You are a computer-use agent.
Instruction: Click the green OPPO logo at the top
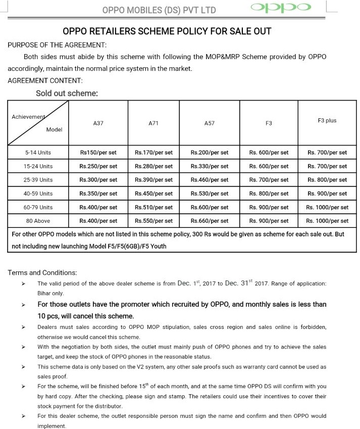point(280,8)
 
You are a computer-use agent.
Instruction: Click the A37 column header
point(98,123)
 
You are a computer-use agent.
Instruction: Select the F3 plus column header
point(327,121)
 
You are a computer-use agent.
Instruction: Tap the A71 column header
point(153,123)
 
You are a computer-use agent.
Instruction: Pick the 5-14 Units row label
point(38,152)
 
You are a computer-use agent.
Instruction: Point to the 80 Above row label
point(38,221)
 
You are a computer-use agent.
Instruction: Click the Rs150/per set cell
point(98,152)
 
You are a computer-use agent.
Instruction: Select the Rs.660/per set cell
point(209,221)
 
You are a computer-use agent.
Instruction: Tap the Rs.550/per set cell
point(153,221)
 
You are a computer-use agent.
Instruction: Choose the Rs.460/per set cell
point(209,180)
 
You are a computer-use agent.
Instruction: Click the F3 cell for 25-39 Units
point(269,180)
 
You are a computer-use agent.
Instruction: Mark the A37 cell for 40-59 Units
point(98,194)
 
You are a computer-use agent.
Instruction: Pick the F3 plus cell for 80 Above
point(327,221)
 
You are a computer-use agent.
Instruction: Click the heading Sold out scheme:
point(67,93)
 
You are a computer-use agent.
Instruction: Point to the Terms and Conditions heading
point(42,273)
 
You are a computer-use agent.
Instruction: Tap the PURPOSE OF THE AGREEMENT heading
point(57,45)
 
